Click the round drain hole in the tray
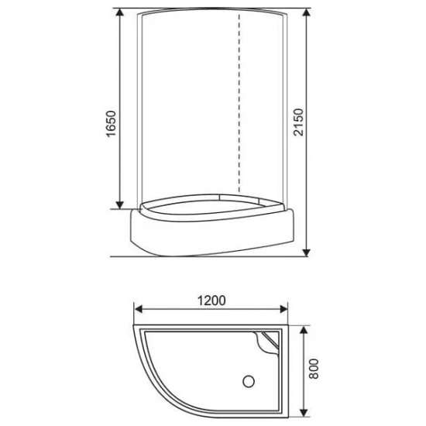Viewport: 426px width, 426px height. (249, 381)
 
